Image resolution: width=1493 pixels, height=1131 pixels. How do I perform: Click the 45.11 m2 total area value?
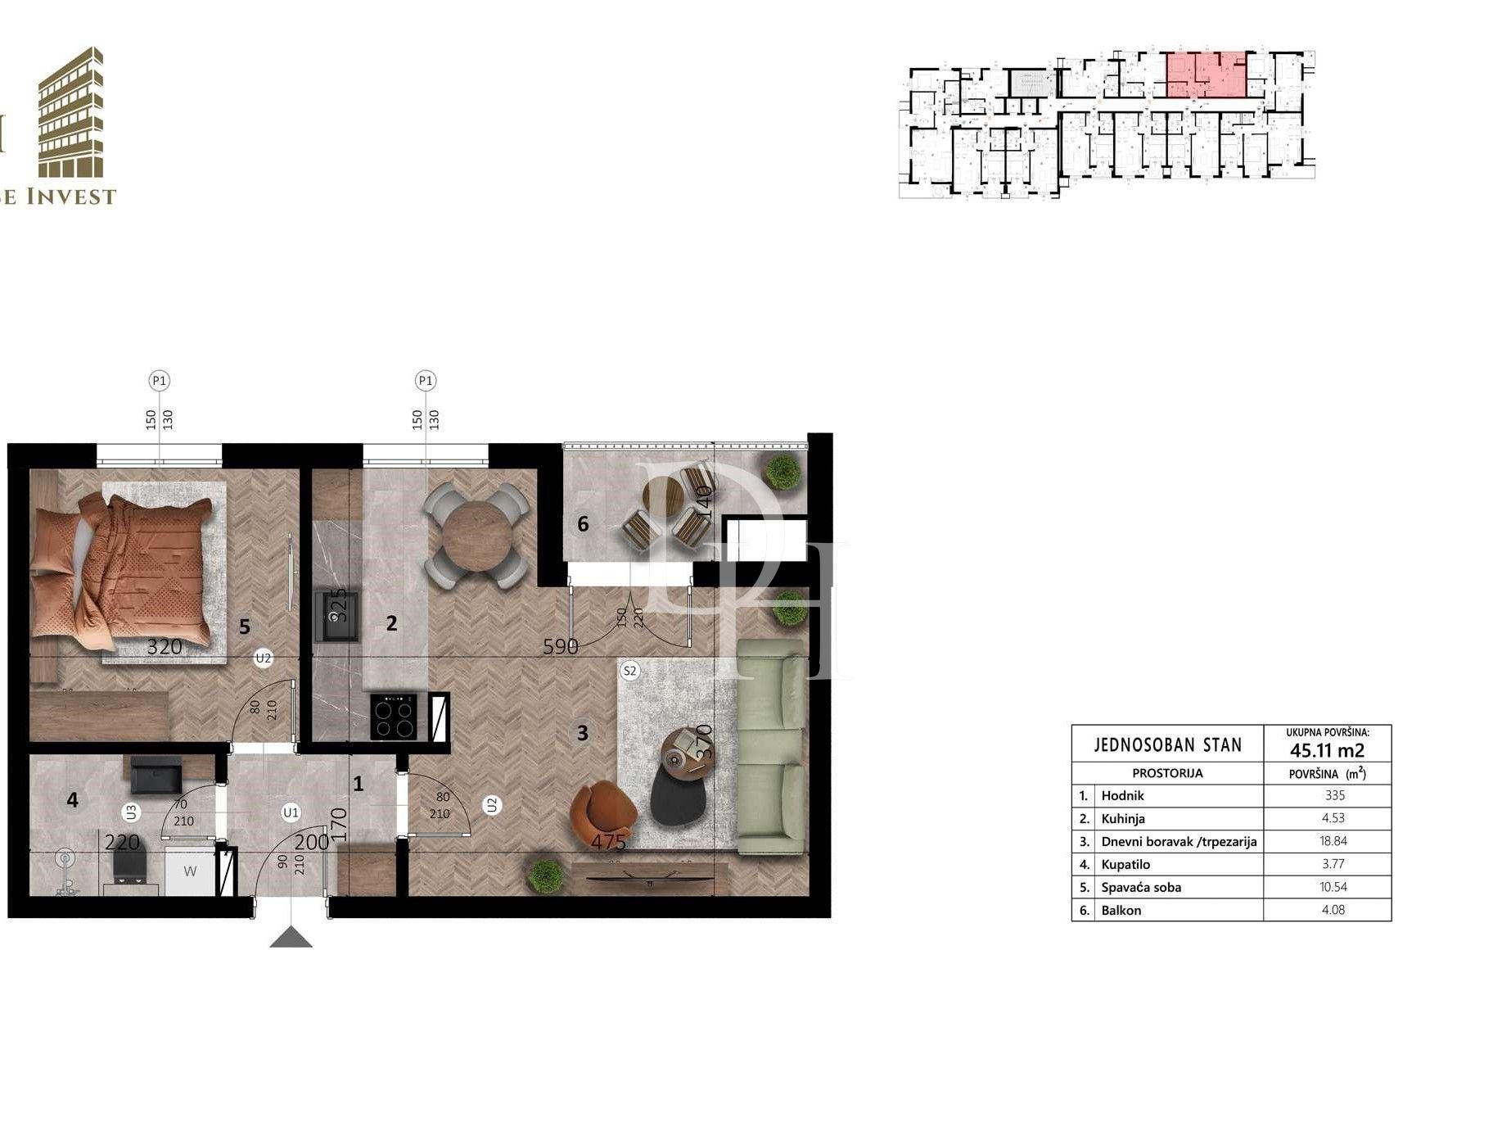coord(1327,750)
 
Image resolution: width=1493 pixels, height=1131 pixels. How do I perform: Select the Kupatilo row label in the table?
coord(1125,864)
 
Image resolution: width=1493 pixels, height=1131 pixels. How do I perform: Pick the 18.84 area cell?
coord(1333,841)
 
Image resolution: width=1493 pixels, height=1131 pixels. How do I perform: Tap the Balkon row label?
coord(1121,910)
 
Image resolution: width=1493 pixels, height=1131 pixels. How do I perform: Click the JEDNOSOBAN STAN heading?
coord(1167,744)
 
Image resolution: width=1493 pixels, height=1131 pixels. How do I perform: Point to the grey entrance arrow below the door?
coord(291,938)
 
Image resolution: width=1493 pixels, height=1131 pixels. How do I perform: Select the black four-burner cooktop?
coord(393,717)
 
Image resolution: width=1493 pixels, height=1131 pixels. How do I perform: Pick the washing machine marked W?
coord(190,871)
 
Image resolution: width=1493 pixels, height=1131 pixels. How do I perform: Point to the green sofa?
coord(770,745)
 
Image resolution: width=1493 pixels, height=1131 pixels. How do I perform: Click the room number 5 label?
coord(244,627)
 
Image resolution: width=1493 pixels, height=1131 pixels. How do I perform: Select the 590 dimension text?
coord(561,646)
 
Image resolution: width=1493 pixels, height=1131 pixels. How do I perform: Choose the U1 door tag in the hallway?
coord(291,812)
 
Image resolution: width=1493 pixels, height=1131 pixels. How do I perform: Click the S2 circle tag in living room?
coord(629,671)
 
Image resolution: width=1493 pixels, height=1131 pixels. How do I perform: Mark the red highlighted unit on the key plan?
coord(1206,75)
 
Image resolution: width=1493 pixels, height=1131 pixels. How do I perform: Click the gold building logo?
coord(71,114)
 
